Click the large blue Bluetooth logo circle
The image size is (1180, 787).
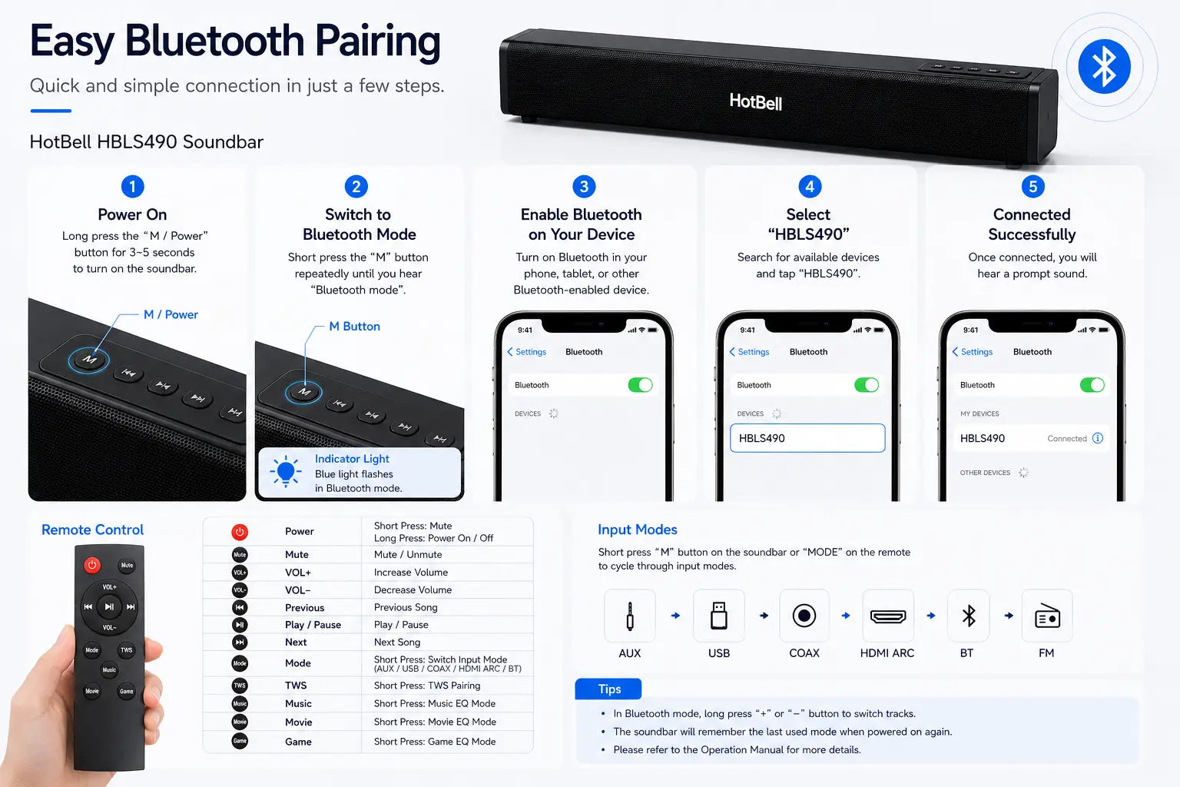(x=1104, y=66)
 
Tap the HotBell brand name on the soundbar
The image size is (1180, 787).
(x=755, y=101)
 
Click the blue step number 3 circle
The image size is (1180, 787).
(x=584, y=186)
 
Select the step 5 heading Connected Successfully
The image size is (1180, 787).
(x=1032, y=224)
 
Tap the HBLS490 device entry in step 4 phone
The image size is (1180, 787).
(x=807, y=438)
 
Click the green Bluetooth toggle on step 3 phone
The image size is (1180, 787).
(x=640, y=385)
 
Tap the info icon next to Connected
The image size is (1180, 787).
(x=1098, y=438)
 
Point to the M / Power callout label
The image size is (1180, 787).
(x=171, y=314)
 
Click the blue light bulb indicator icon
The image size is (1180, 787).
(x=286, y=470)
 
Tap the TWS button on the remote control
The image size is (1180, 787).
(x=127, y=650)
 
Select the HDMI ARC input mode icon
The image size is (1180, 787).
(x=887, y=616)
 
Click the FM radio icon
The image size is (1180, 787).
(x=1047, y=616)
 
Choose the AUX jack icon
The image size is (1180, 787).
(x=629, y=616)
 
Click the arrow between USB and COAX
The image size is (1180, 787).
(x=764, y=615)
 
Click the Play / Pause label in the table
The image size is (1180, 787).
(x=313, y=625)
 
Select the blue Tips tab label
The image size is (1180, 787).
(x=608, y=689)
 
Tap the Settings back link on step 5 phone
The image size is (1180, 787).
(x=973, y=351)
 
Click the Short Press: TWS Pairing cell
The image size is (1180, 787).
(x=427, y=686)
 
